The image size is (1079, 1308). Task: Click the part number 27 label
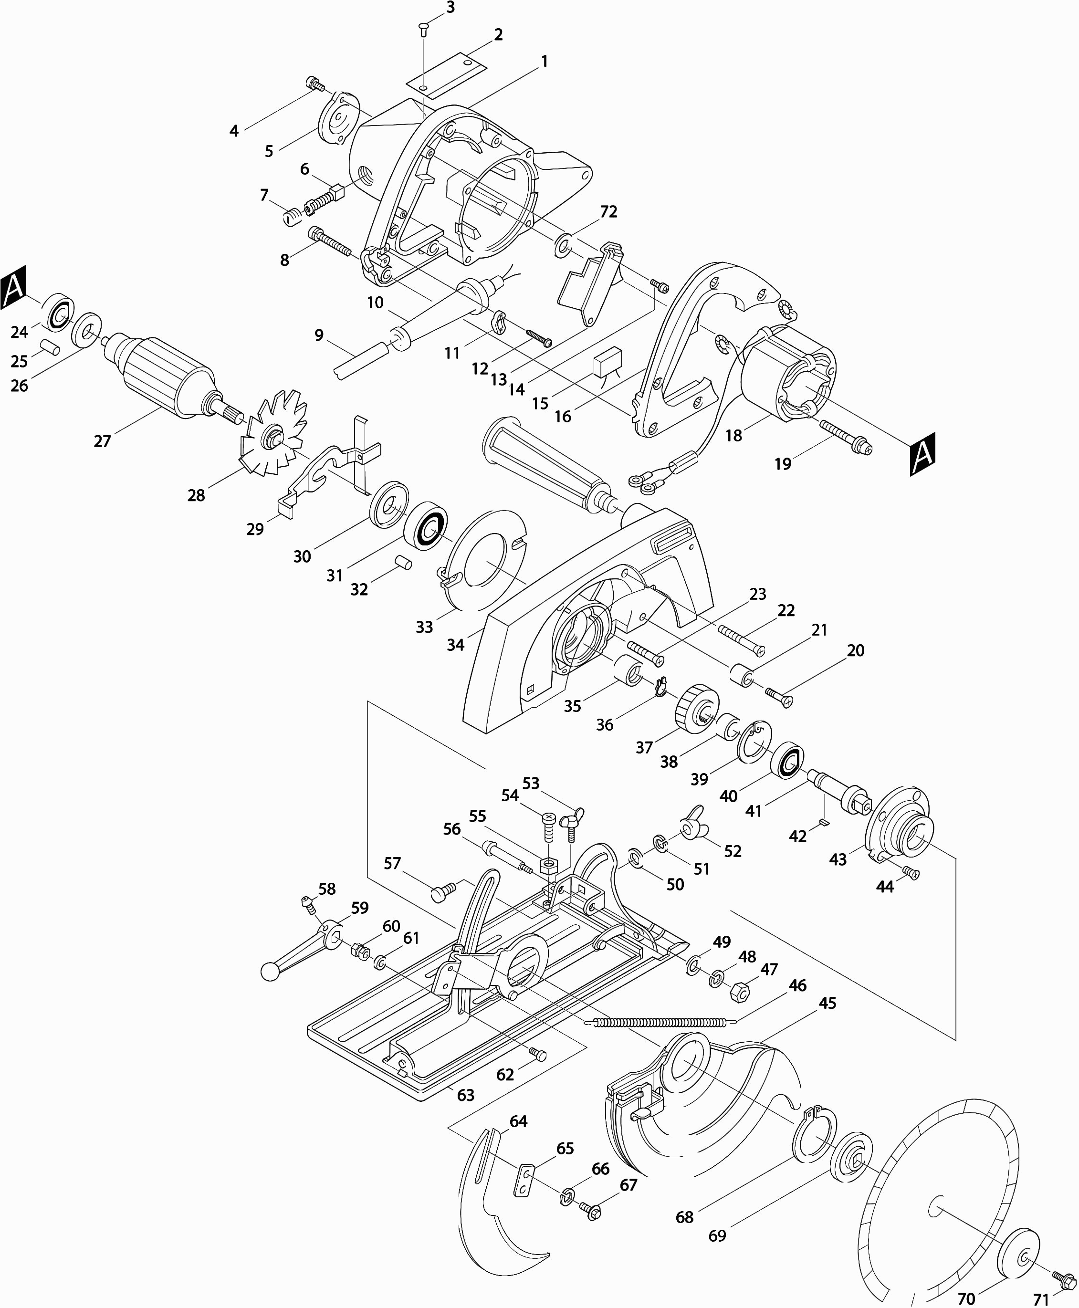click(102, 441)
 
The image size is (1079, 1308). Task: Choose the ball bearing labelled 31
click(426, 524)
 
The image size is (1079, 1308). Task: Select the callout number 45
click(828, 1003)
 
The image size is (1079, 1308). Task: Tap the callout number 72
click(608, 212)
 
